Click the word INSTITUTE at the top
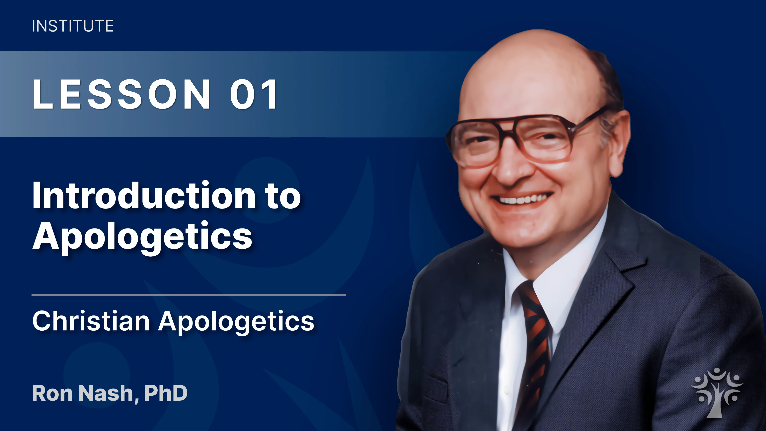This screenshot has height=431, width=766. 73,26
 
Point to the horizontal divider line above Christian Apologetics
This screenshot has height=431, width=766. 189,295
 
